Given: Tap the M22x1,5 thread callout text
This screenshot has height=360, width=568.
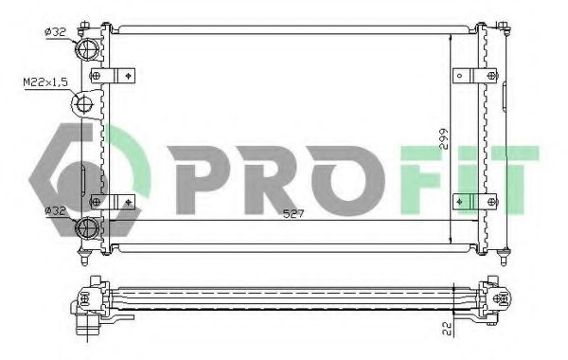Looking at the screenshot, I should pyautogui.click(x=44, y=84).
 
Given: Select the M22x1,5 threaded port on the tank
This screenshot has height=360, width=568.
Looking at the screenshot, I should pyautogui.click(x=86, y=103).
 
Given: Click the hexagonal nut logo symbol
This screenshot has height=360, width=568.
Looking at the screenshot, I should pyautogui.click(x=80, y=178).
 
